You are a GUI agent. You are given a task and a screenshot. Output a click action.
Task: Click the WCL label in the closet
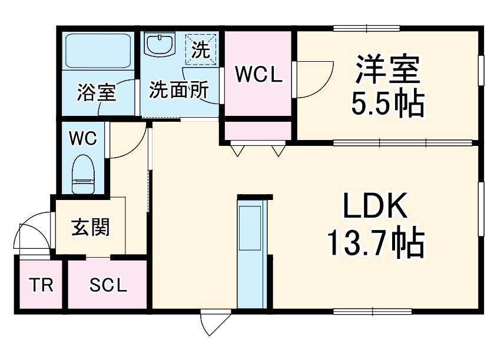tap(258, 75)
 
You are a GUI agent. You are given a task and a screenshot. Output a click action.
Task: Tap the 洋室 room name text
tap(388, 69)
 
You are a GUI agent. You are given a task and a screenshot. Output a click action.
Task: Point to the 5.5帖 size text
tap(387, 104)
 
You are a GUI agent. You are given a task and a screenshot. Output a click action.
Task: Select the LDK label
tap(375, 205)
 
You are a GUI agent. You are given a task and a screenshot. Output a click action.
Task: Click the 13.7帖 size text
tap(376, 242)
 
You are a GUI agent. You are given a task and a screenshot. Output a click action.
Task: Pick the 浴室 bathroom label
tap(96, 92)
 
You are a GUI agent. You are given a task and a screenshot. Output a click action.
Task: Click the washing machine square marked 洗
tap(201, 49)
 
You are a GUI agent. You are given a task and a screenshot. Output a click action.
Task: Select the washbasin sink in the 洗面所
tap(160, 44)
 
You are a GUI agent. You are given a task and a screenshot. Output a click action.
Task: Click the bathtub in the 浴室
tap(98, 51)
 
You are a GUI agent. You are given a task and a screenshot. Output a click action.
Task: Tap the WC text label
tap(83, 138)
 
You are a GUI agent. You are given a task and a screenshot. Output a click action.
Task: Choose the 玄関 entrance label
tap(91, 228)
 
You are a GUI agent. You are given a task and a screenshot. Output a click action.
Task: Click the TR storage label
tap(41, 285)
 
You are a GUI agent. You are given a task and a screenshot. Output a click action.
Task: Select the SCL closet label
tap(108, 285)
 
